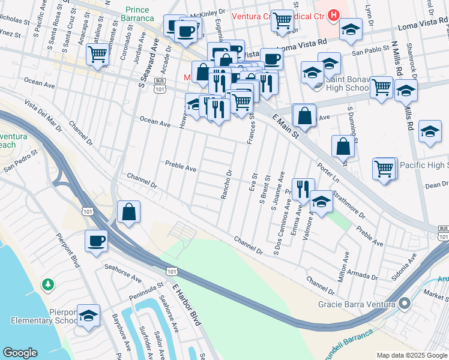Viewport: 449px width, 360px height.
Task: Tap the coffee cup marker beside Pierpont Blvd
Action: tap(96, 241)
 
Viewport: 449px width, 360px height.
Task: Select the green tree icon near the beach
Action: tap(47, 283)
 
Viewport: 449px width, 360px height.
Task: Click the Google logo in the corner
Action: tap(20, 353)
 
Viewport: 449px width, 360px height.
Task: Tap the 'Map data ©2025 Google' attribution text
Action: tap(412, 355)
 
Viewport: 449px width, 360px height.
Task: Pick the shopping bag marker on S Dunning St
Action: tap(343, 146)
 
